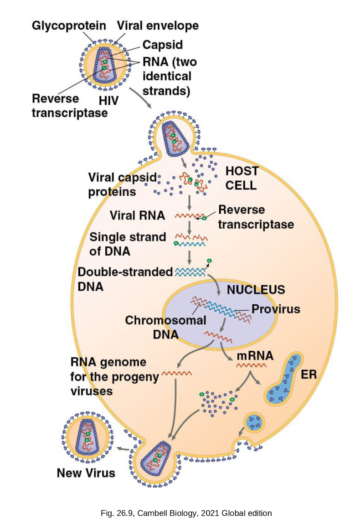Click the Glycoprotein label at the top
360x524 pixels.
coord(69,26)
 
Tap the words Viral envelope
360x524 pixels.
coord(158,26)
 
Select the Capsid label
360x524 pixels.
coord(162,45)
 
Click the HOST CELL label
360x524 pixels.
coord(242,178)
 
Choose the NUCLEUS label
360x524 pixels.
coord(256,289)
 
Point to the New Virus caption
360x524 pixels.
coord(86,473)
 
